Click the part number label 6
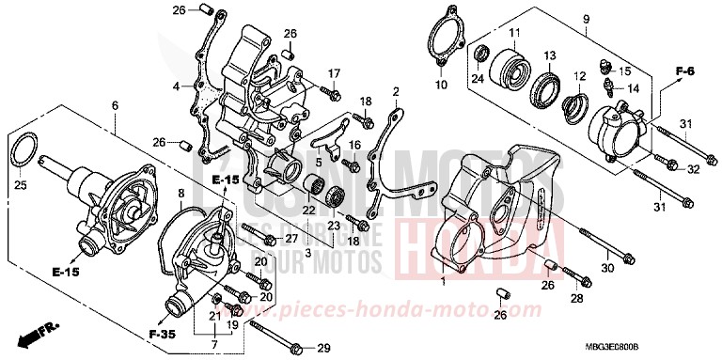tap(115, 105)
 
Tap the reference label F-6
tap(683, 71)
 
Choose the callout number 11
tap(514, 34)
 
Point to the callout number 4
tap(174, 87)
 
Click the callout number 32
tap(693, 169)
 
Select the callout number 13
tap(550, 55)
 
